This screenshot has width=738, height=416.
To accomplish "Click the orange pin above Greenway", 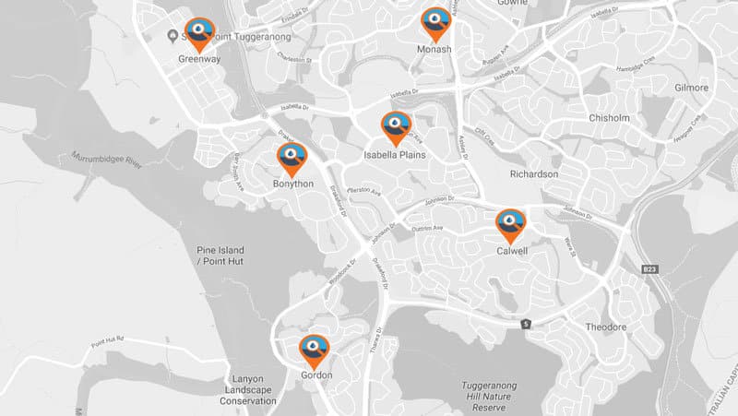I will click(x=198, y=33).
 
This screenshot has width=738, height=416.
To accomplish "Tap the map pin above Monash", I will click(x=434, y=22).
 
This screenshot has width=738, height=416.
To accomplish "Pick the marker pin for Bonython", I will click(x=292, y=158).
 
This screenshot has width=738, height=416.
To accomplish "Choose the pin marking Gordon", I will click(x=315, y=350).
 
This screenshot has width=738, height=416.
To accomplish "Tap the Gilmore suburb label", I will click(x=691, y=88).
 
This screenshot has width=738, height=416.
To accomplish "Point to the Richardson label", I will click(x=533, y=173).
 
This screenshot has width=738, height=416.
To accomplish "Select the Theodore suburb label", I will click(x=605, y=327).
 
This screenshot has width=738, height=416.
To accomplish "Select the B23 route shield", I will click(x=651, y=268).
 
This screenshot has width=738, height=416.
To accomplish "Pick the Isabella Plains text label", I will click(x=395, y=155).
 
